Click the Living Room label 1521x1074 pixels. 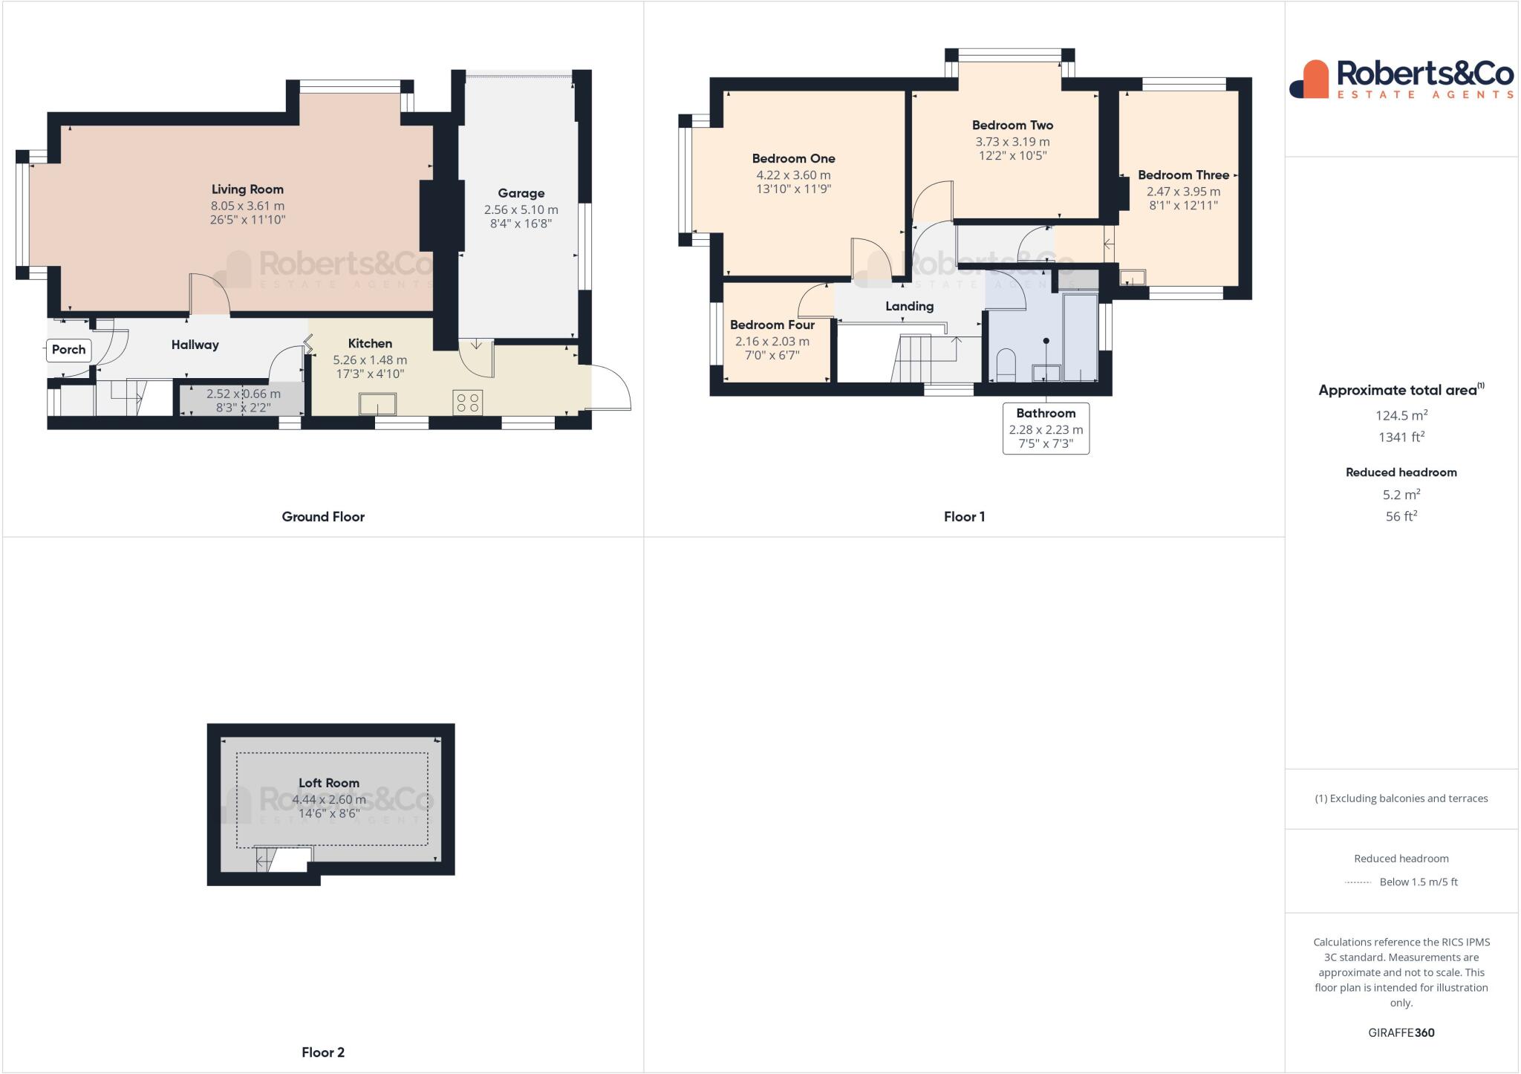[247, 189]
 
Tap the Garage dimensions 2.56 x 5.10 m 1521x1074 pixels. [521, 210]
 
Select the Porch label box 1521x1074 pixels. [68, 350]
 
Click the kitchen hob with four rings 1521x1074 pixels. [468, 403]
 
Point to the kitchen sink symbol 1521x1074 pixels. [377, 404]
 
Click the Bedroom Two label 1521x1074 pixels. [1012, 126]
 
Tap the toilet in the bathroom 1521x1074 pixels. [1006, 365]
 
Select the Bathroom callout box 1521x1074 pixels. [1046, 428]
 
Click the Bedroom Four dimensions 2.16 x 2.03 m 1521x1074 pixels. [772, 342]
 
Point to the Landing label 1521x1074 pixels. [909, 306]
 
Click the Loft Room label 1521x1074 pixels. [328, 783]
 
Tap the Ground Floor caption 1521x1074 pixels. [323, 517]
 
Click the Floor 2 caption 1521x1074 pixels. [323, 1052]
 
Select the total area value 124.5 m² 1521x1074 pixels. [1401, 416]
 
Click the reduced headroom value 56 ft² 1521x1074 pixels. [1401, 516]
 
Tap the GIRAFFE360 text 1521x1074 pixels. [1401, 1033]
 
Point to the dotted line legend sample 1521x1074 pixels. [1358, 882]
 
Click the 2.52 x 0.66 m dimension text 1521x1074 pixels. [244, 394]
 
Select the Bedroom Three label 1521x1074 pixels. [1183, 175]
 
